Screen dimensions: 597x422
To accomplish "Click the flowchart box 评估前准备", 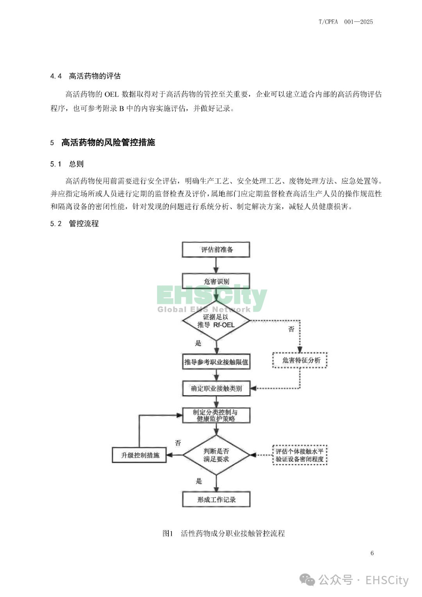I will point(216,249).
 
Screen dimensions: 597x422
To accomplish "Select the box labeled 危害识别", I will point(216,281).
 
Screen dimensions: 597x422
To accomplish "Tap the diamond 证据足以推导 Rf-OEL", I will point(216,321).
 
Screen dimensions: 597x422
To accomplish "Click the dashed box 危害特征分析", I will point(300,360).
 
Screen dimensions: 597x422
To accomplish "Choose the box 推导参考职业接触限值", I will point(216,362).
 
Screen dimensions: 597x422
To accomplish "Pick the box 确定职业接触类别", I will point(216,388).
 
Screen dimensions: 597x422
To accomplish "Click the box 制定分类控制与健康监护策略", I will point(216,415).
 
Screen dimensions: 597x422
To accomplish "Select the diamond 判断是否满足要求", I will point(216,455).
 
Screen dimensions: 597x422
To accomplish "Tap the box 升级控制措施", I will point(139,455).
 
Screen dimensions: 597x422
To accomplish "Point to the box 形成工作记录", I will point(216,499).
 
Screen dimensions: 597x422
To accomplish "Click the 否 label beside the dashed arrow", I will point(291,329).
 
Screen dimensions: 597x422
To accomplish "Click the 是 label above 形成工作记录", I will point(198,481).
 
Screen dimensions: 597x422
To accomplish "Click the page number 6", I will point(372,553).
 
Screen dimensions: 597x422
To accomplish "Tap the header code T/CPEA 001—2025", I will point(345,22).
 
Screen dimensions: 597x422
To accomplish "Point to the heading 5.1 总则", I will point(67,164).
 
